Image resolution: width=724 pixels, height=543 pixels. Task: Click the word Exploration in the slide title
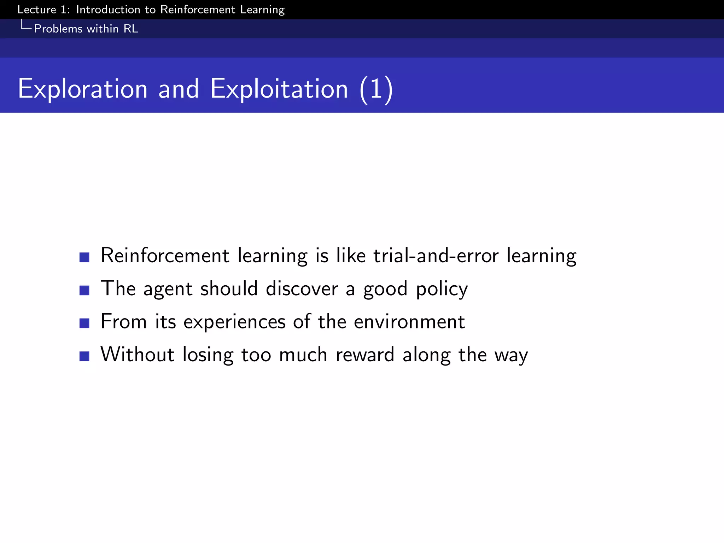pyautogui.click(x=82, y=89)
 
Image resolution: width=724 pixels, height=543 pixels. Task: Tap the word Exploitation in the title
pyautogui.click(x=279, y=89)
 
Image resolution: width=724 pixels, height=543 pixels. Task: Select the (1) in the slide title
pyautogui.click(x=376, y=89)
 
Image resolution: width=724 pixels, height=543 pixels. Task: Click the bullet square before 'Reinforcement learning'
pyautogui.click(x=84, y=257)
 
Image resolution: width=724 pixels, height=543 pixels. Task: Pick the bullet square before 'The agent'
pyautogui.click(x=84, y=290)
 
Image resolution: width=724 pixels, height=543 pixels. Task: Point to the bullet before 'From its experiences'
pyautogui.click(x=84, y=323)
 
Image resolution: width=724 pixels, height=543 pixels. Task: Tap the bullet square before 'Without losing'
pyautogui.click(x=84, y=356)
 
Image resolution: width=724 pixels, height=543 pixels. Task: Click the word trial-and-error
pyautogui.click(x=436, y=255)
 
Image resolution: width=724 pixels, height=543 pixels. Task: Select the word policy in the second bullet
pyautogui.click(x=442, y=289)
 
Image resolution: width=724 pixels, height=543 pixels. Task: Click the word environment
pyautogui.click(x=409, y=322)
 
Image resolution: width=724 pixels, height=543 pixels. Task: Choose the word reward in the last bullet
pyautogui.click(x=364, y=355)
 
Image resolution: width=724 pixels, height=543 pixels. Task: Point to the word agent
pyautogui.click(x=168, y=289)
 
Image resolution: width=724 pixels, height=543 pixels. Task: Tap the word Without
pyautogui.click(x=138, y=354)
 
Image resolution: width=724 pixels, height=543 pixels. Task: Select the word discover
pyautogui.click(x=302, y=288)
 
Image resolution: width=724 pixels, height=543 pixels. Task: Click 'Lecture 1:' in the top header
pyautogui.click(x=43, y=10)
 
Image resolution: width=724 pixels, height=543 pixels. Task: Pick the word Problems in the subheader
pyautogui.click(x=58, y=29)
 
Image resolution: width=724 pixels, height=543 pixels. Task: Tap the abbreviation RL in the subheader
pyautogui.click(x=130, y=29)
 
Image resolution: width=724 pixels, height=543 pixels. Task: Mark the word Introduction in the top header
pyautogui.click(x=108, y=10)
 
